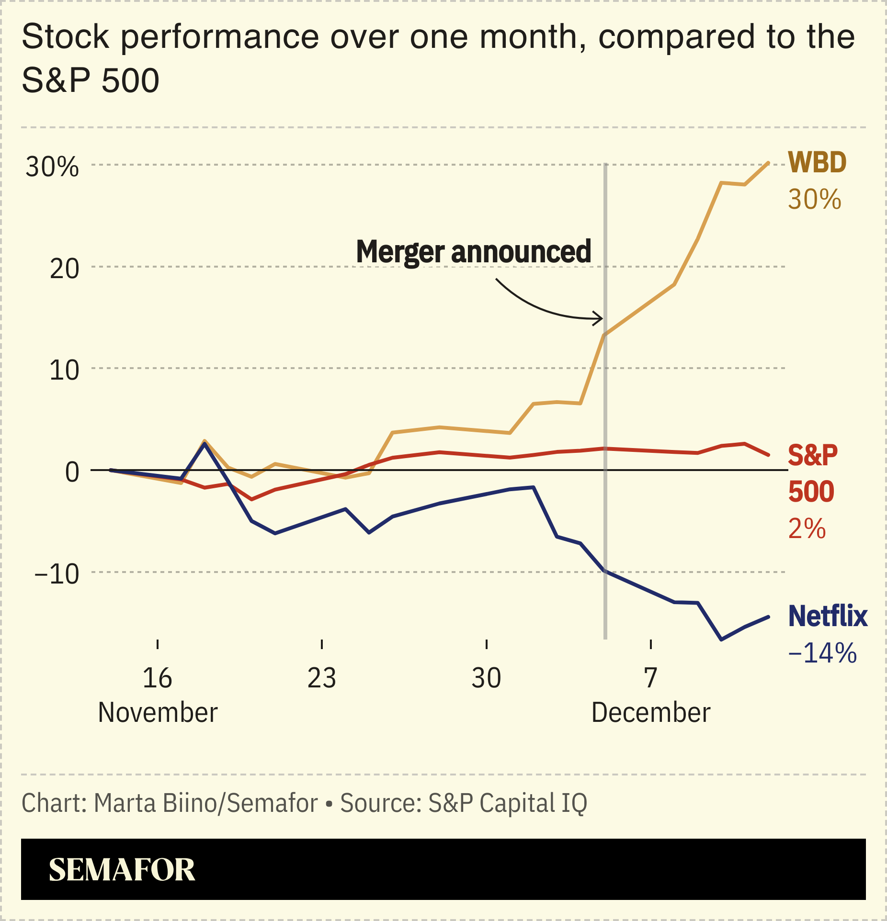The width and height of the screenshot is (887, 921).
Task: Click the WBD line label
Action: click(817, 163)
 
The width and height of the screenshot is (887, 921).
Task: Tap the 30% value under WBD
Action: click(814, 200)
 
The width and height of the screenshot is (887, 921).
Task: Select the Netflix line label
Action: click(828, 616)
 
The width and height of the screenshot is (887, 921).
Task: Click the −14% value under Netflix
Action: click(822, 653)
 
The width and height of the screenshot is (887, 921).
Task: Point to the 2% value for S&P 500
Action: click(807, 529)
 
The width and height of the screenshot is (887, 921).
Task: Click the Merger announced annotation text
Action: click(473, 252)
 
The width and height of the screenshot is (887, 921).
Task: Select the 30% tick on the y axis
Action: click(52, 167)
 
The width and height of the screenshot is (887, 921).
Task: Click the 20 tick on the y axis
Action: click(64, 269)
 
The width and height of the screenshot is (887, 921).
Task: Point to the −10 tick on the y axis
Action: click(57, 574)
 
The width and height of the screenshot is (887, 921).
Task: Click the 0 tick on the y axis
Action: click(72, 472)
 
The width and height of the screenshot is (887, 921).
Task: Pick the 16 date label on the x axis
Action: click(157, 678)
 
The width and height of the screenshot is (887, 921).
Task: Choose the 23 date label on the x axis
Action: click(321, 678)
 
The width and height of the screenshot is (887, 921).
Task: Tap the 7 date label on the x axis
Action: click(650, 678)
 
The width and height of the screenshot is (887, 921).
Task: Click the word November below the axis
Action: click(158, 713)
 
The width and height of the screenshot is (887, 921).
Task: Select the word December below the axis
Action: click(650, 713)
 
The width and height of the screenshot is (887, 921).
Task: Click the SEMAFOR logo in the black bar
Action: click(122, 870)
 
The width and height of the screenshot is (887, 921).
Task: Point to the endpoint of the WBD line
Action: click(768, 163)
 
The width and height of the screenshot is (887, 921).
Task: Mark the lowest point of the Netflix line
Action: click(721, 640)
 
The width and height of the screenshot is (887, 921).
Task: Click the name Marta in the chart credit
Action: click(125, 803)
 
